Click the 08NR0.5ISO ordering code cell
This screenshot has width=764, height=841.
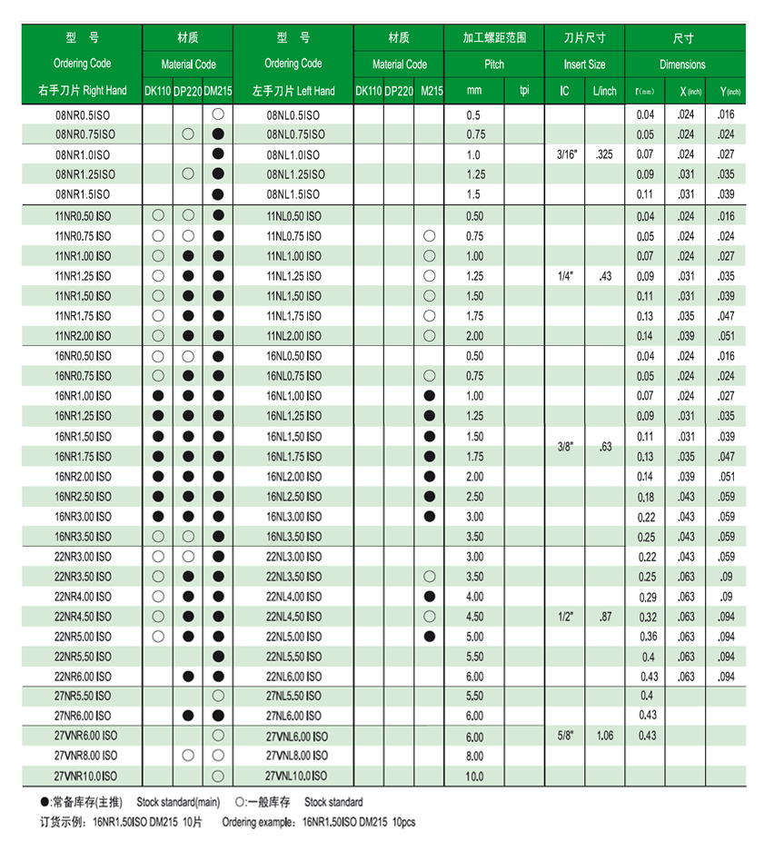click(83, 115)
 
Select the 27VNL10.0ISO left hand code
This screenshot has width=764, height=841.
click(296, 776)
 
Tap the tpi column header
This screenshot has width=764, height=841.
click(524, 91)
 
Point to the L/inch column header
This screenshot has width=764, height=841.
click(604, 91)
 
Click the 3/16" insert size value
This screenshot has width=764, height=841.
click(564, 155)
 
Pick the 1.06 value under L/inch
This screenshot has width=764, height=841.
click(604, 736)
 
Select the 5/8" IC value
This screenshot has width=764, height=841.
click(564, 736)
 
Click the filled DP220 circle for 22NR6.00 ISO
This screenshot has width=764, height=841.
click(188, 677)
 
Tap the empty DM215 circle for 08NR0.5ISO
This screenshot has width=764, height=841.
click(218, 115)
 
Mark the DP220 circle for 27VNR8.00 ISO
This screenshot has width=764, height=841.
click(188, 756)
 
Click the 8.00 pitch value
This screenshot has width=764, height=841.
click(474, 756)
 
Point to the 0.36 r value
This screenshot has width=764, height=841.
click(646, 637)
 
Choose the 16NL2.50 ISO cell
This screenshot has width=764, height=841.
click(293, 497)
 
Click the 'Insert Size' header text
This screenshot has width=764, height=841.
click(584, 64)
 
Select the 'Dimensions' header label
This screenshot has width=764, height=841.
click(682, 64)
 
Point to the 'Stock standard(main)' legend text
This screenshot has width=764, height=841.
click(176, 802)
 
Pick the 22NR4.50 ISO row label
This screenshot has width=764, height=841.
click(83, 617)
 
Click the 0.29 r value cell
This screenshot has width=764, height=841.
click(646, 597)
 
